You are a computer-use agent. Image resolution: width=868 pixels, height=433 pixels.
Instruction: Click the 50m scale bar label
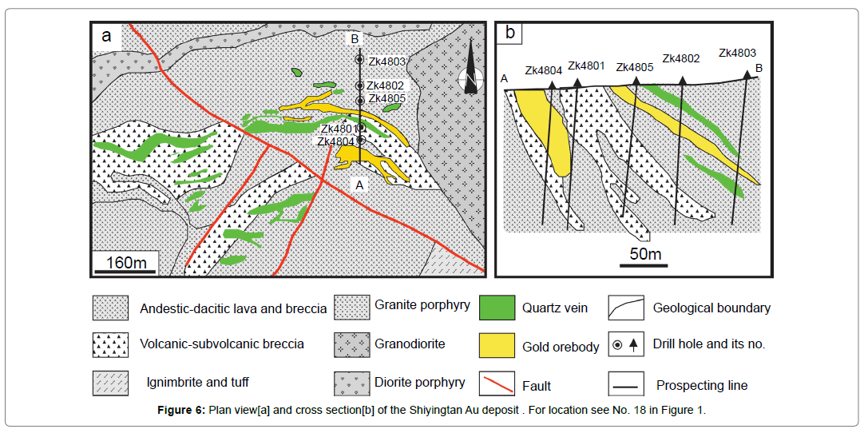645,254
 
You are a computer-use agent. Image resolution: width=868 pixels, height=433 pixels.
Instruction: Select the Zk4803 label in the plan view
387,61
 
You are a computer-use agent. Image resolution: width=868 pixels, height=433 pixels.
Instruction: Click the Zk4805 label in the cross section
635,67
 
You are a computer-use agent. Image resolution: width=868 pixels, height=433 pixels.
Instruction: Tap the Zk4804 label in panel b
544,70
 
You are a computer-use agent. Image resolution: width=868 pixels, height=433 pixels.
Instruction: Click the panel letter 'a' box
106,34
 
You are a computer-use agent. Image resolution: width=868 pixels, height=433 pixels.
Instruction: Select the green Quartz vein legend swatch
496,308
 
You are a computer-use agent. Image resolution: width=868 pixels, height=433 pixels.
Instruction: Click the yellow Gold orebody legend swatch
496,345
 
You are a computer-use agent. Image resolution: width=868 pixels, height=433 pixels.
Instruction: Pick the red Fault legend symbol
496,383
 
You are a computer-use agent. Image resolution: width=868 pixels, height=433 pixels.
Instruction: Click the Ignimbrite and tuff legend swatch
111,383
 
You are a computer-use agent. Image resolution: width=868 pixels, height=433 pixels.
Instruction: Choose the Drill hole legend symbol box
625,344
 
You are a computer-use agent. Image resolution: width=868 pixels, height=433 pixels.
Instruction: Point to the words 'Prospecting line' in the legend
702,385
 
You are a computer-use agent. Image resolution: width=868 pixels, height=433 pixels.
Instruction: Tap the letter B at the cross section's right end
759,69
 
